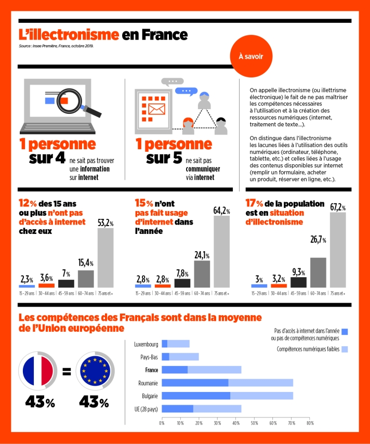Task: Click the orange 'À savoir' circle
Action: click(x=250, y=56)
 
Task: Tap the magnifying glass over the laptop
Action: click(x=65, y=99)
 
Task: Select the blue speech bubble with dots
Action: click(x=187, y=91)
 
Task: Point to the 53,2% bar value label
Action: click(x=105, y=223)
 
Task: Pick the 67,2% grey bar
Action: click(x=338, y=250)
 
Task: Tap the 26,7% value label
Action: click(x=318, y=240)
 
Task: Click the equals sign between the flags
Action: click(x=67, y=372)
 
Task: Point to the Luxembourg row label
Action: click(x=146, y=344)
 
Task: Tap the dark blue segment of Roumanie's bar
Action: click(x=195, y=383)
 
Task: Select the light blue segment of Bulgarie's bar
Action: click(x=263, y=396)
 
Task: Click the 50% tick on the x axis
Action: click(x=254, y=423)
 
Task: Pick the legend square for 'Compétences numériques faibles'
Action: click(x=344, y=349)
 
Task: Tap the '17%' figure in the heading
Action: click(x=257, y=204)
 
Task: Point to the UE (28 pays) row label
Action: click(x=145, y=409)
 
